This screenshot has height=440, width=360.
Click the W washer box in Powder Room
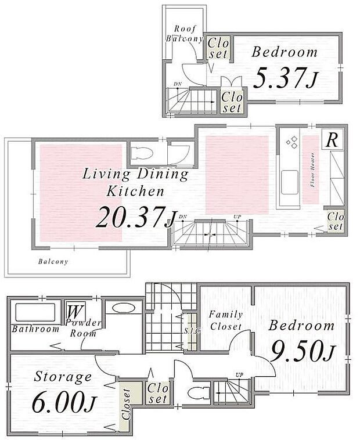(74, 311)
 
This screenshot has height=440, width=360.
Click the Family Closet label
(225, 320)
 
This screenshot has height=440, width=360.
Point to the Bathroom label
(35, 329)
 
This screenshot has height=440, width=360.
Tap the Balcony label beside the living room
(53, 261)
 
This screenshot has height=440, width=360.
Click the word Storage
(63, 377)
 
